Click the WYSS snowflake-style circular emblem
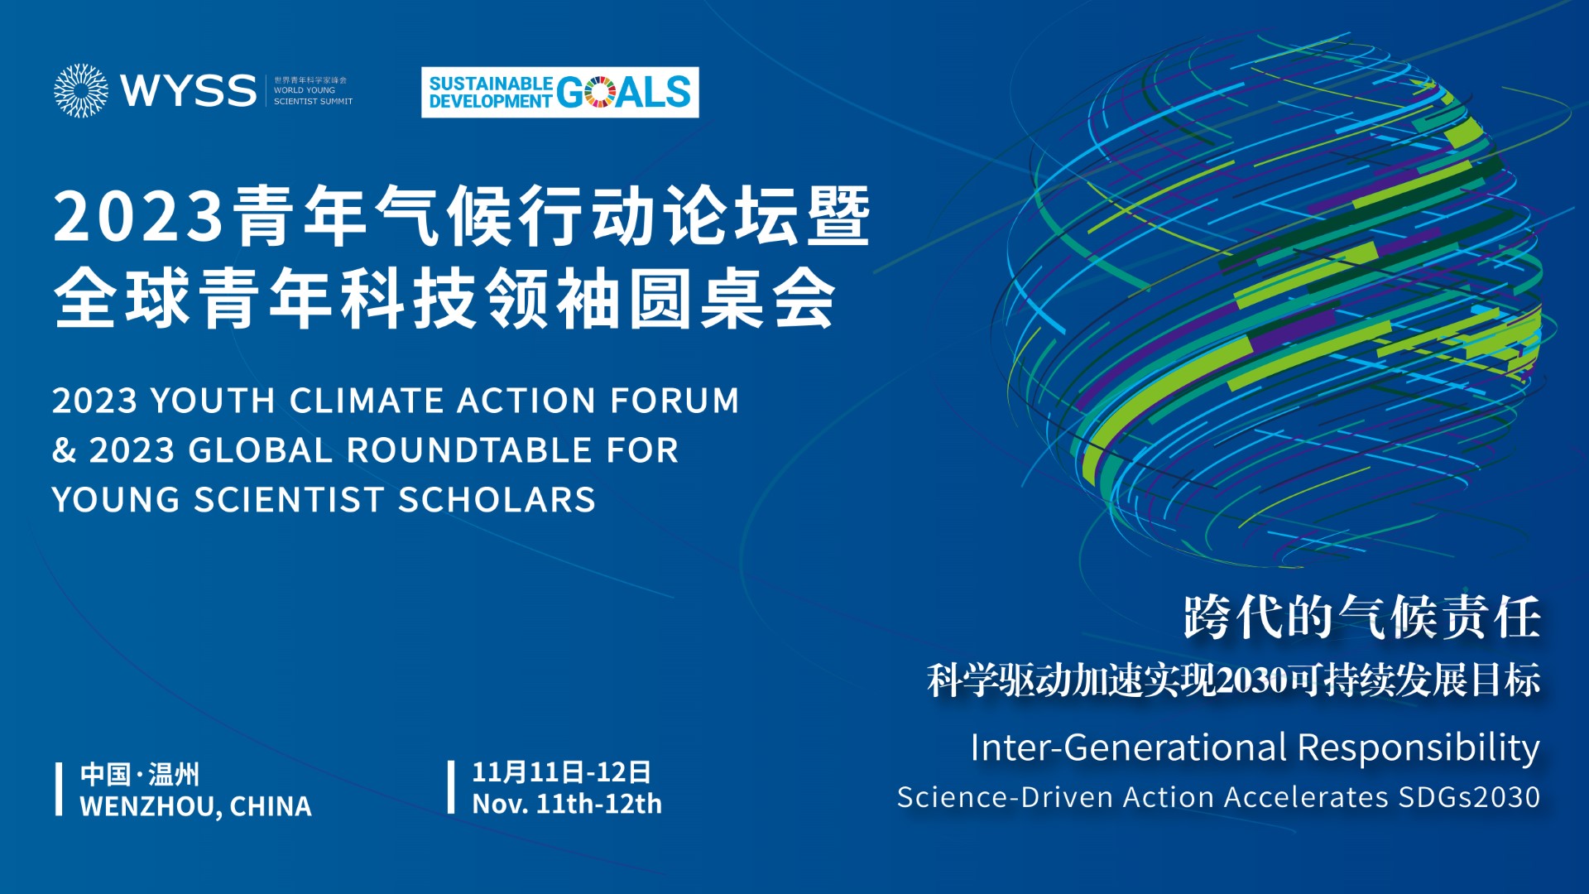(81, 90)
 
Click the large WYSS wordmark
(189, 90)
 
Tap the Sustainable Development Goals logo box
(559, 92)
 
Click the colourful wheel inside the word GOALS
(600, 92)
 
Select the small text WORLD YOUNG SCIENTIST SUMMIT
(313, 96)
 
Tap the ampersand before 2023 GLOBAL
(64, 450)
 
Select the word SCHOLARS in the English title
(497, 500)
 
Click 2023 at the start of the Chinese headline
(138, 216)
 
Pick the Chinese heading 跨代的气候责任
(1361, 617)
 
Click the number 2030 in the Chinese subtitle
(1253, 680)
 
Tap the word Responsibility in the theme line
(1419, 748)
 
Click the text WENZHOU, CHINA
(196, 806)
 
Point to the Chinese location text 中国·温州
(140, 774)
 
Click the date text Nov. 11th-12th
(567, 804)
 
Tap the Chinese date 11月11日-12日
(561, 772)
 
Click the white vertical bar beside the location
(59, 790)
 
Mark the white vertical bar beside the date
(451, 787)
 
